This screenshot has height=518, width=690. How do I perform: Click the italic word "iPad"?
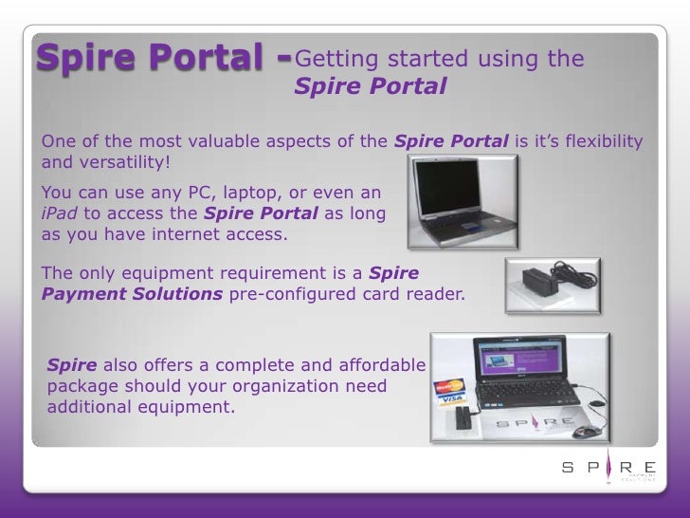pyautogui.click(x=60, y=214)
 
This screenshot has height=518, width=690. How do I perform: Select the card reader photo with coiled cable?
pyautogui.click(x=553, y=286)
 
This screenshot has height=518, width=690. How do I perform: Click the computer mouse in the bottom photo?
pyautogui.click(x=586, y=431)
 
